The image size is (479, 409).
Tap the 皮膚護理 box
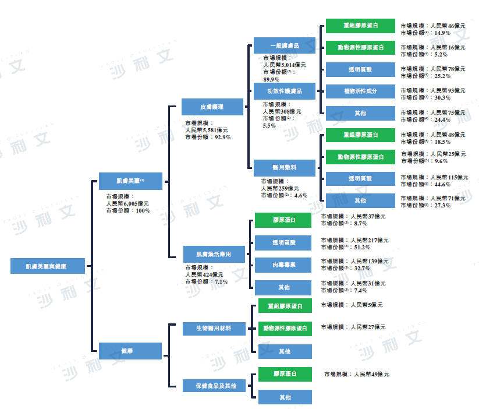point(212,107)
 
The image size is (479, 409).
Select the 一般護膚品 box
point(285,45)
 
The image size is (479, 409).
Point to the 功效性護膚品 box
point(285,91)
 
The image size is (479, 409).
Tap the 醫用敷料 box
point(285,168)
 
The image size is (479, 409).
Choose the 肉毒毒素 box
point(284,265)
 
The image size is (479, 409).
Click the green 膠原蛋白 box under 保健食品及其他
point(285,373)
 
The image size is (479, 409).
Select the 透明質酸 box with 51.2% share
point(284,242)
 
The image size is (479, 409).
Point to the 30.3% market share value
point(442,97)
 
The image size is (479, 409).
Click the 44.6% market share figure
point(442,184)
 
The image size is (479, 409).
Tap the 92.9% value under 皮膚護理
point(223,137)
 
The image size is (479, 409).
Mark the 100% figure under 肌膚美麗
point(143,211)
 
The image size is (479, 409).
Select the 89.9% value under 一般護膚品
point(271,79)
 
